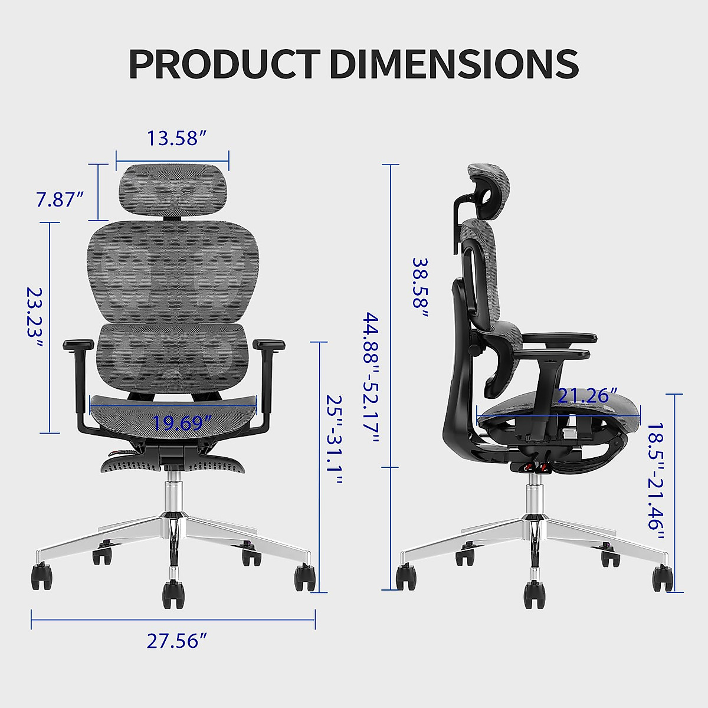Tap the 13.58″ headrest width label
pos(176,138)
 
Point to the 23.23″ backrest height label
pos(35,319)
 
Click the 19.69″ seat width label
pos(182,423)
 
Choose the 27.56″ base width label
pos(176,641)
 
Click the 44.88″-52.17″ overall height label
pos(371,378)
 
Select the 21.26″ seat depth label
pos(583,396)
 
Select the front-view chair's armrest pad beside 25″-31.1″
pos(268,344)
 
